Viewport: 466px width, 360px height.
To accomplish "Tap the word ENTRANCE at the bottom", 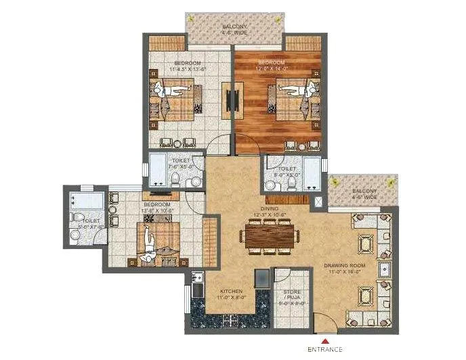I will pyautogui.click(x=326, y=350).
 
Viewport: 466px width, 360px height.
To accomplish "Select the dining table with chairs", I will pyautogui.click(x=270, y=236).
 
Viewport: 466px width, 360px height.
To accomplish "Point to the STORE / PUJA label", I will pyautogui.click(x=289, y=298).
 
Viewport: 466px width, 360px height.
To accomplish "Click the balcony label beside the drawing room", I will pyautogui.click(x=364, y=195).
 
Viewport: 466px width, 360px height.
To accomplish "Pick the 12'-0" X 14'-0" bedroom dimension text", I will pyautogui.click(x=271, y=68).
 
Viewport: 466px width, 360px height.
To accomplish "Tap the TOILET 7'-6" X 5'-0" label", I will pyautogui.click(x=174, y=163).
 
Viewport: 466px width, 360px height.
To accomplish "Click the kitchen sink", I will pyautogui.click(x=198, y=279).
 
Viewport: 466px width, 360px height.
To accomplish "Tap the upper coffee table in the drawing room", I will pyautogui.click(x=364, y=242).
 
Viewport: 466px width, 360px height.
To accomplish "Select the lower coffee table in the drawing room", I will pyautogui.click(x=364, y=296).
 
